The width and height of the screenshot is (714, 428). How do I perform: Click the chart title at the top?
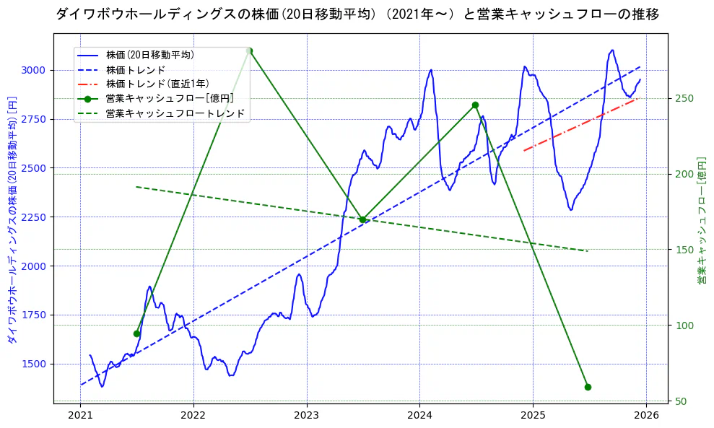357,14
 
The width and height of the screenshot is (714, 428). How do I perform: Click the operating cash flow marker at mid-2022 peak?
249,51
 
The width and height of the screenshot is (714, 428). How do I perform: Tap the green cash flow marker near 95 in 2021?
136,333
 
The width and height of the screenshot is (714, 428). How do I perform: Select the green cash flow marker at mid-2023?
362,219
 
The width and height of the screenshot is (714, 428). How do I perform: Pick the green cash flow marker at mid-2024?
475,105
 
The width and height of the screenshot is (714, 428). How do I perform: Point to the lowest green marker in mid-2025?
588,387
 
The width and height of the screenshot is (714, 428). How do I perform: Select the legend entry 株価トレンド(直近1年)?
157,84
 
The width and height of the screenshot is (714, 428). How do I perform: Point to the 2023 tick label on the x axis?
306,415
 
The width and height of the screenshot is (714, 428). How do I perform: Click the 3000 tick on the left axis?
33,70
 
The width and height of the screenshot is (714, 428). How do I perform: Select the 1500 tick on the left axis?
33,364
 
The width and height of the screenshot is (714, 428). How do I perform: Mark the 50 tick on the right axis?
680,401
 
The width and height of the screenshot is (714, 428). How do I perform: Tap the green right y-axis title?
701,220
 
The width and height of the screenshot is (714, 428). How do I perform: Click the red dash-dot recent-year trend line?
581,124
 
